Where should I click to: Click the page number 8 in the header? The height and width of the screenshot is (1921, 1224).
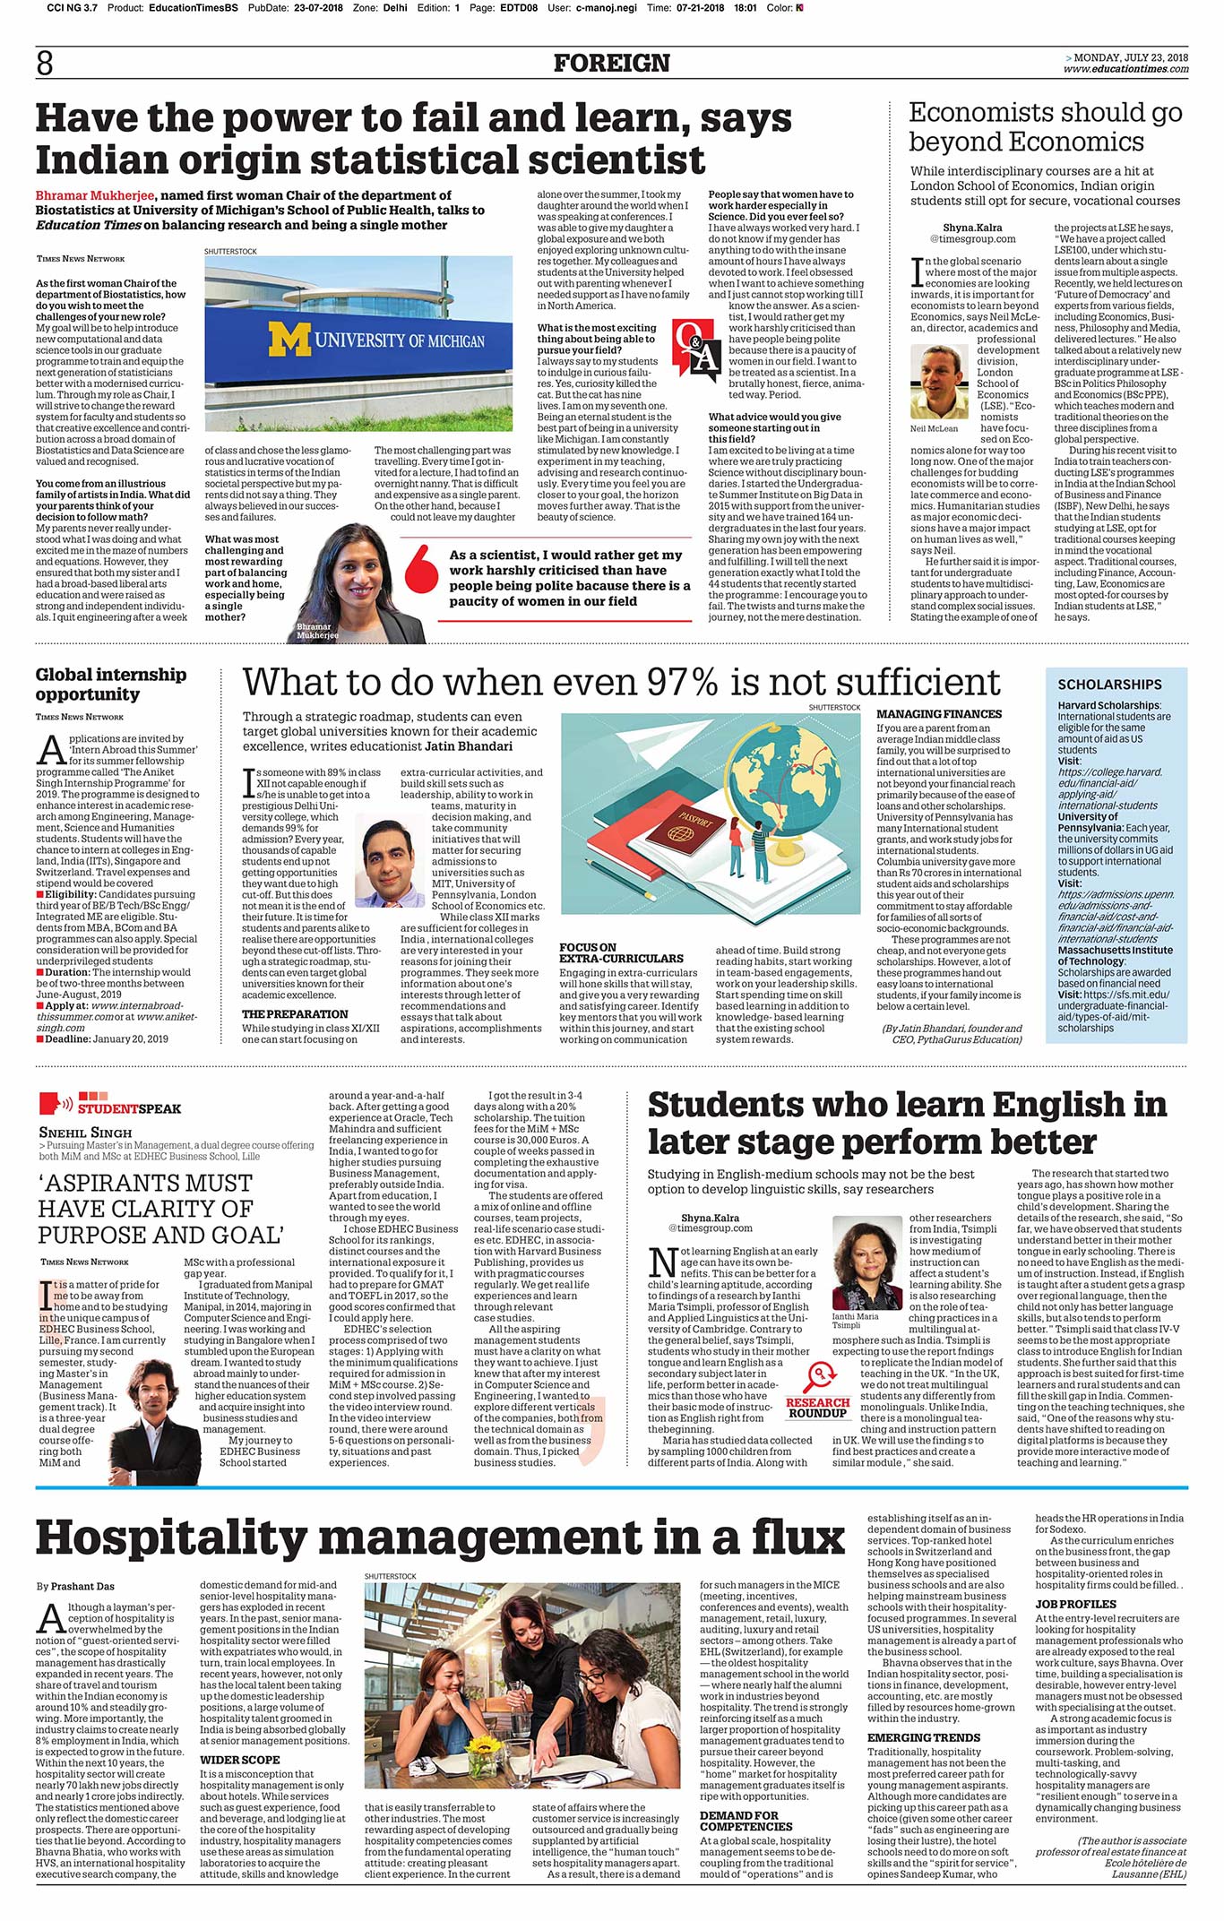click(x=45, y=63)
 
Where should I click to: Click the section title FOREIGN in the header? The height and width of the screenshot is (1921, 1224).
click(x=611, y=64)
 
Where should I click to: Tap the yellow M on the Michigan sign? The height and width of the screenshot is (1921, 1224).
click(x=289, y=340)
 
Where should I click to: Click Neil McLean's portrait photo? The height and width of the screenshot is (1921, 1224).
click(x=939, y=383)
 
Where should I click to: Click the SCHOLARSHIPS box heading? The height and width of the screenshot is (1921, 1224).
click(x=1109, y=685)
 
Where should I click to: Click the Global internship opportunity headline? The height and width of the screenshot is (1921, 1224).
click(x=111, y=685)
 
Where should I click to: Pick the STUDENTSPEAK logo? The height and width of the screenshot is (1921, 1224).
click(x=110, y=1103)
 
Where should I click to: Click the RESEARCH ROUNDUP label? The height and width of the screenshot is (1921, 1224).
click(x=817, y=1408)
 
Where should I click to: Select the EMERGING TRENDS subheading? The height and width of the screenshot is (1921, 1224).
click(x=924, y=1737)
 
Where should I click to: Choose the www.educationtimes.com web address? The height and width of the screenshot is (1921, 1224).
click(x=1126, y=69)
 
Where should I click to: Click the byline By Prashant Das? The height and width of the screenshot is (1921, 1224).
click(x=75, y=1586)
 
